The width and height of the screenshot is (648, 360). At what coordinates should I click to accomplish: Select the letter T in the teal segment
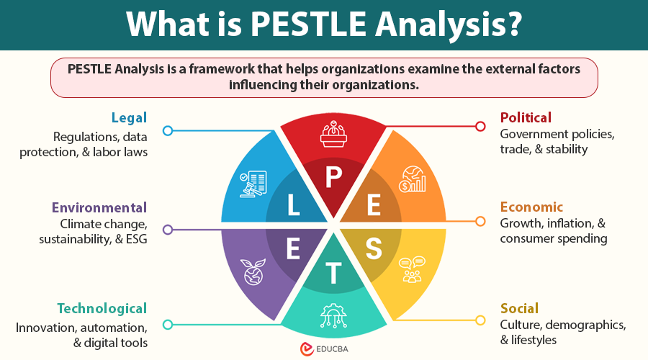[333, 274]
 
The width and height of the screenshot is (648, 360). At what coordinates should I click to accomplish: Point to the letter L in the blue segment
[293, 207]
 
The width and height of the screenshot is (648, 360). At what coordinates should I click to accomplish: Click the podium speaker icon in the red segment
[333, 135]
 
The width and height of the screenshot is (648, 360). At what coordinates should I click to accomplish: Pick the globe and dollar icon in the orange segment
[413, 179]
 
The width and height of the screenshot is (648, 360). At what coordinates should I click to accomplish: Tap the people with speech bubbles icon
[413, 269]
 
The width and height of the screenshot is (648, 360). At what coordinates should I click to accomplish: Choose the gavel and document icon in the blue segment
[253, 183]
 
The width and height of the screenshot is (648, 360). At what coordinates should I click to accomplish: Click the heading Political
[526, 117]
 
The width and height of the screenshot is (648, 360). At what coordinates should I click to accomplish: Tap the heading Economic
[531, 207]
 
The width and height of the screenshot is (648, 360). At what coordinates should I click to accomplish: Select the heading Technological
[102, 309]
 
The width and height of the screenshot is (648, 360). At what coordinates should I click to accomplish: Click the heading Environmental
[99, 208]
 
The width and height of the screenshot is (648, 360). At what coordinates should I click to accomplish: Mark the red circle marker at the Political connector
[480, 127]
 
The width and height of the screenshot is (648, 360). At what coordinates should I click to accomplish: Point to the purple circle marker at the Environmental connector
[168, 230]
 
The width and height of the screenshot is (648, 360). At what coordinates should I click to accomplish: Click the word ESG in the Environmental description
[135, 239]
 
